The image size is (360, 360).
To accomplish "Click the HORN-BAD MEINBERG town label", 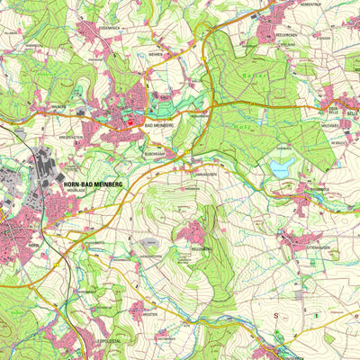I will pos(94,184).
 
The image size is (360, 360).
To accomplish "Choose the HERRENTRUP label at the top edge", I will pos(306,6).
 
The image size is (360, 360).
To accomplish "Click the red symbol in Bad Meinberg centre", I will pos(128,124).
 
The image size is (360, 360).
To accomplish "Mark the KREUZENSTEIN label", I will pos(72,138).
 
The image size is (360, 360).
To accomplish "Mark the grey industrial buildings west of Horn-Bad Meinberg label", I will pos(41,167).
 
